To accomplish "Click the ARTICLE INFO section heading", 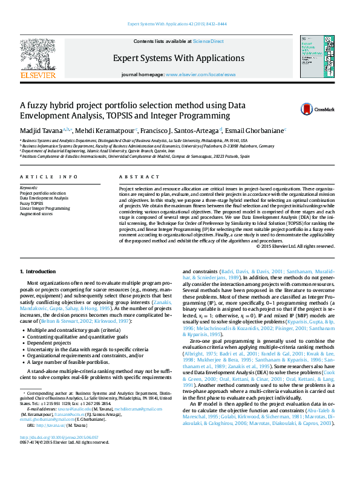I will click(49, 177).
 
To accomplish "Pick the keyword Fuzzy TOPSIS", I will click(31, 203).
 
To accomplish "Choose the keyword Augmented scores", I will click(36, 213).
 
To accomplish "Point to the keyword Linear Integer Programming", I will click(45, 208).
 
